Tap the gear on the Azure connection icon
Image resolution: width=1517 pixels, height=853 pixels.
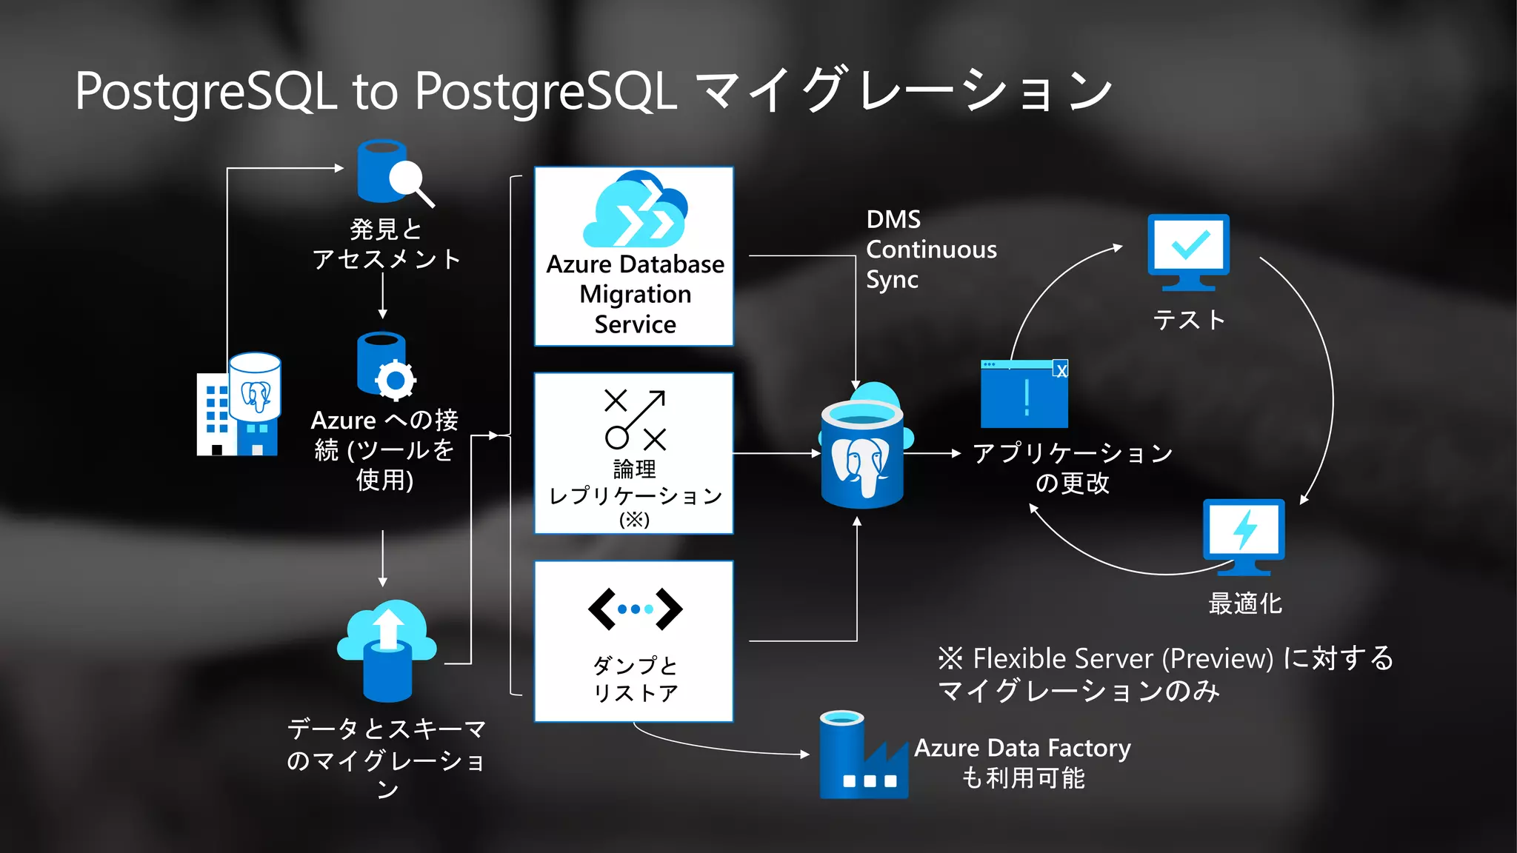tap(395, 381)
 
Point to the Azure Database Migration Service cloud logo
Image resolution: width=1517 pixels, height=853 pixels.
tap(636, 210)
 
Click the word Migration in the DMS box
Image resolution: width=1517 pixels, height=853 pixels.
tap(635, 294)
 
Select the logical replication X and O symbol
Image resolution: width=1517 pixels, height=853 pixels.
tap(635, 419)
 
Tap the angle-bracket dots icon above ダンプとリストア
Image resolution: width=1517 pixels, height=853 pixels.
tap(635, 609)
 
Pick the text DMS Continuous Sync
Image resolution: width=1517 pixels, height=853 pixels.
tap(930, 250)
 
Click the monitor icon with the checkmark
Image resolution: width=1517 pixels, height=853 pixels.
tap(1188, 250)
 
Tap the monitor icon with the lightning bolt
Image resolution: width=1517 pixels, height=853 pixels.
tap(1244, 535)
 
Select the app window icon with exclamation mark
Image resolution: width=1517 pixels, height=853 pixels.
tap(1024, 394)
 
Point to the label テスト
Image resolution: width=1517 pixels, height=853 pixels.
tap(1189, 320)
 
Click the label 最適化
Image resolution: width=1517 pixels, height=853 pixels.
tap(1244, 603)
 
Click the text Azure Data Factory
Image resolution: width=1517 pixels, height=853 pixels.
tap(1022, 748)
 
